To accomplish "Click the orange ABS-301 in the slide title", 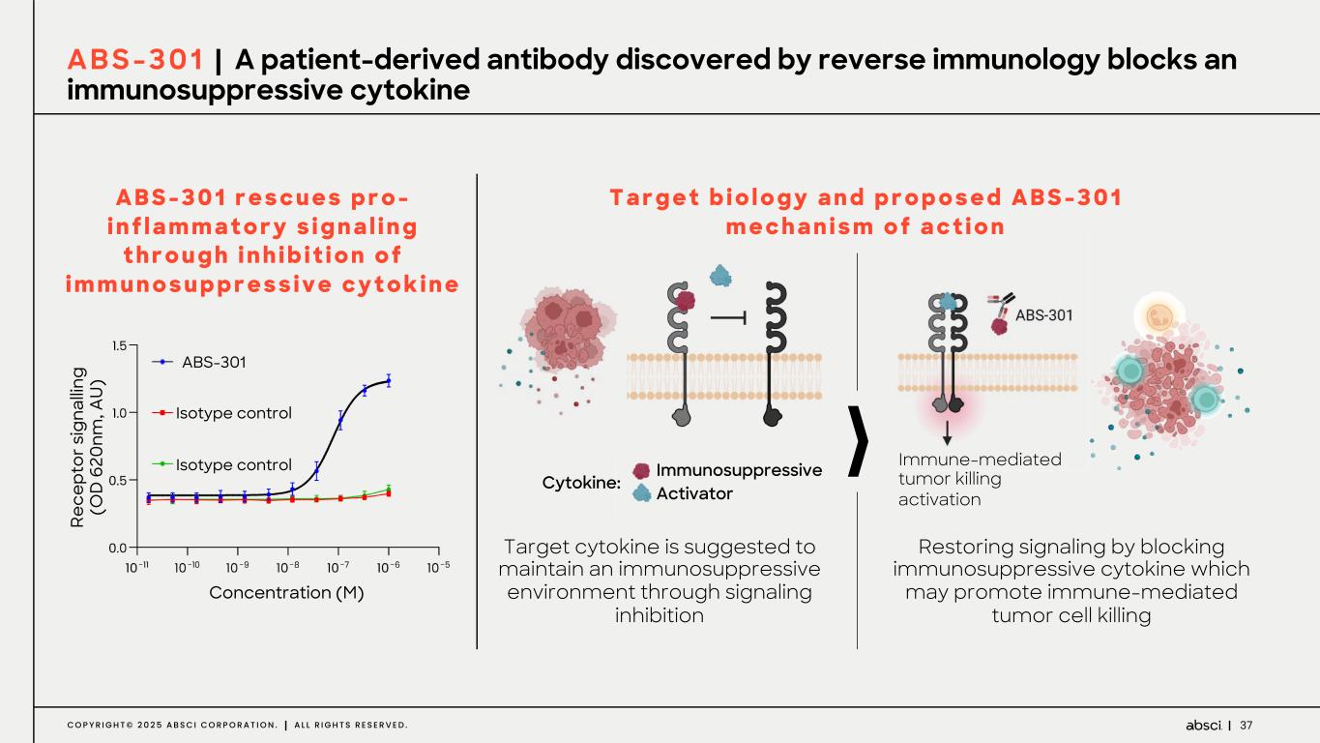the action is point(135,60).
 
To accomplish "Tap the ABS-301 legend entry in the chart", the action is point(198,362).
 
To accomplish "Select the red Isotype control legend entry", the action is point(221,413).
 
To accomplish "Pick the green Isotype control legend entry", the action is point(221,464).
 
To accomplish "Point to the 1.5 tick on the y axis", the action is point(119,345).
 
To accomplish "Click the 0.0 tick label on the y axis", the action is point(117,548).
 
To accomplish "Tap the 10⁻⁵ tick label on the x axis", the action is point(438,567).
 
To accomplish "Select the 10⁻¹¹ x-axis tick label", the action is point(137,567).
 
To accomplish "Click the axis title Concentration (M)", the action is point(286,593).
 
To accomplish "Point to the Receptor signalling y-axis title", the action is point(87,447).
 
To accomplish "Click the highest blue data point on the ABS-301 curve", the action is point(389,381).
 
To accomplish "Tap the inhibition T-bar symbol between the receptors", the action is point(729,318).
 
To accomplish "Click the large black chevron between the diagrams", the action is point(858,440).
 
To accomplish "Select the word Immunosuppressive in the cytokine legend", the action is point(739,470).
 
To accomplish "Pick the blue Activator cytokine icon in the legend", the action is point(641,493).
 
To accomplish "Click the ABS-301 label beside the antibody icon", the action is point(1043,314).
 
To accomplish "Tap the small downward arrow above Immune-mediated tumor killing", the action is point(947,432).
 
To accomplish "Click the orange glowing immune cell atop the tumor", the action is point(1159,314).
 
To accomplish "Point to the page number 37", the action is point(1246,726).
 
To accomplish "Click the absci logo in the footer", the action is point(1203,726).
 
